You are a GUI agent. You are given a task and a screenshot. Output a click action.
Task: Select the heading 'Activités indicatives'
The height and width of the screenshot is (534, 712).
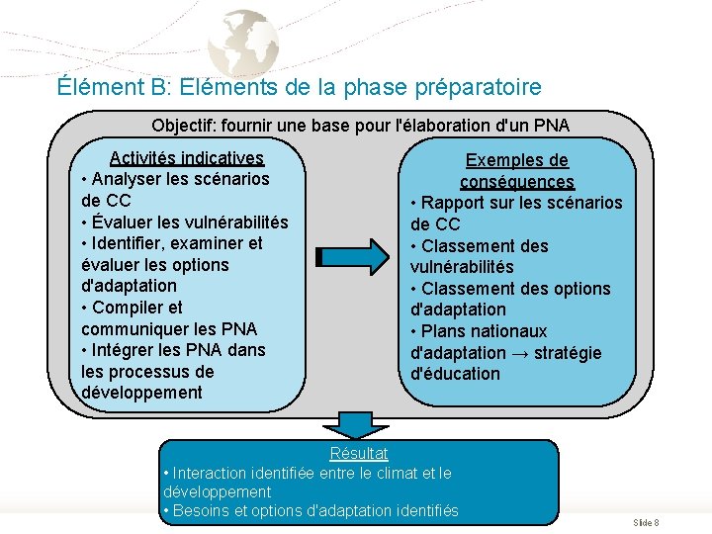(x=187, y=158)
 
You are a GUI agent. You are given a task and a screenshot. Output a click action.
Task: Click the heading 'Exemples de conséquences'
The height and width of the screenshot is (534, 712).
(x=517, y=171)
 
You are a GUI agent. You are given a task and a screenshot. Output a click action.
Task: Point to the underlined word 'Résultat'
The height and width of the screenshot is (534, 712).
(x=359, y=454)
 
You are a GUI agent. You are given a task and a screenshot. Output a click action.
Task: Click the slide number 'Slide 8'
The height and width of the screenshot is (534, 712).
(x=647, y=522)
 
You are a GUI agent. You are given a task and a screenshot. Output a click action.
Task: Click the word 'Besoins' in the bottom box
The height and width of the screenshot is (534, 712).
(x=201, y=510)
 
